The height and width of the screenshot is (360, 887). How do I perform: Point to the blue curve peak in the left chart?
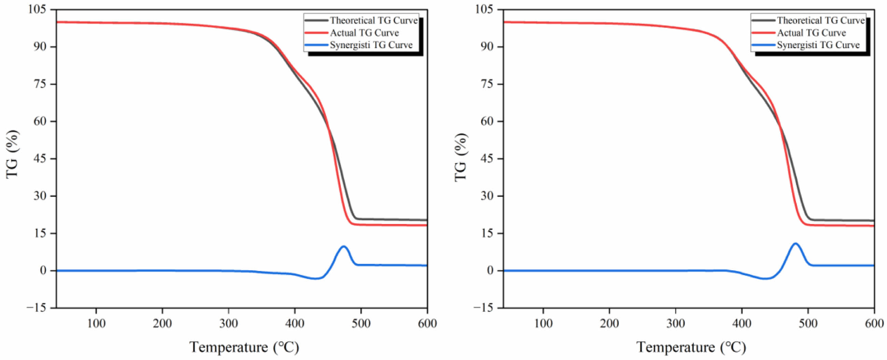tap(343, 246)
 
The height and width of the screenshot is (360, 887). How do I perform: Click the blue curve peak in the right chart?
tap(796, 244)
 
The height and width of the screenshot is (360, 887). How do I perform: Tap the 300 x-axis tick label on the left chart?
tap(229, 324)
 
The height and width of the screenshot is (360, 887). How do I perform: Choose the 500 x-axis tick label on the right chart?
tap(808, 324)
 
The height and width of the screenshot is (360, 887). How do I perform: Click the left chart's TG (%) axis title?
tap(12, 154)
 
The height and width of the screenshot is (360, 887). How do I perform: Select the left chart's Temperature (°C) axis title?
tap(244, 347)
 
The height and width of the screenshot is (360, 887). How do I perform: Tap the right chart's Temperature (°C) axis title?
tap(691, 347)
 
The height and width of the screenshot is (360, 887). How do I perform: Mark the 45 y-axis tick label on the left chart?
tap(40, 158)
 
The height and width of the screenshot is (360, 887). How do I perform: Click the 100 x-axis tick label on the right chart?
tap(543, 324)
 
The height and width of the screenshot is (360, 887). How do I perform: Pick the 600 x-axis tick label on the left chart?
tap(427, 324)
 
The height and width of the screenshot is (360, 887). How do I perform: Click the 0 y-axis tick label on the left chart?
tap(43, 271)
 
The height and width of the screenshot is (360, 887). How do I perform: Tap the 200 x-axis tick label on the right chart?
tap(609, 324)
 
